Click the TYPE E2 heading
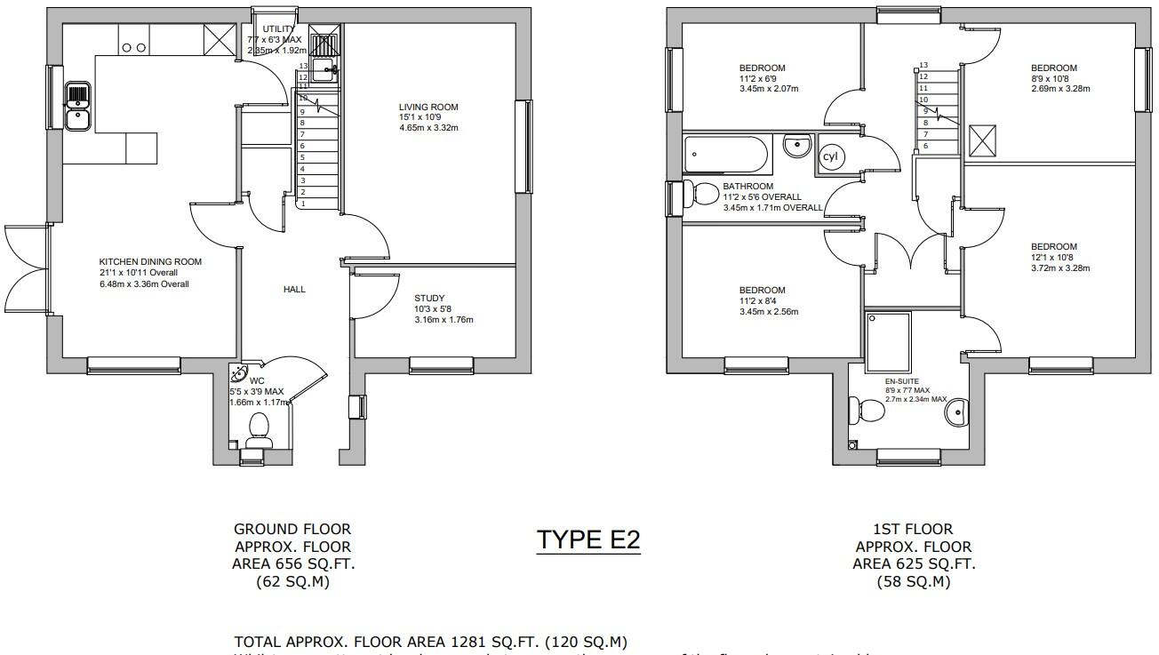click(x=588, y=539)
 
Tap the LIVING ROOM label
click(x=428, y=108)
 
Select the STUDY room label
click(x=429, y=299)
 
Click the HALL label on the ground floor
click(x=294, y=289)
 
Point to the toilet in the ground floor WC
click(x=259, y=427)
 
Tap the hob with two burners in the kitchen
click(x=134, y=47)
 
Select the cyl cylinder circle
click(x=830, y=156)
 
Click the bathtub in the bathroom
click(x=726, y=154)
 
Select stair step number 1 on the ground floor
click(x=304, y=204)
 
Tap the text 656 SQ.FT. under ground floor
click(x=292, y=564)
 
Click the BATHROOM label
click(x=747, y=187)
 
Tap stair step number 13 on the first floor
click(x=923, y=66)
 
